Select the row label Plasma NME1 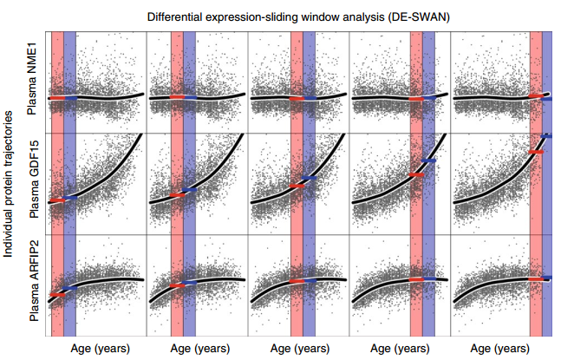(34, 82)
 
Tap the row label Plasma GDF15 (34, 184)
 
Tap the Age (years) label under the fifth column (501, 349)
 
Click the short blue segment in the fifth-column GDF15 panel (547, 136)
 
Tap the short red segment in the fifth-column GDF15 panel (535, 152)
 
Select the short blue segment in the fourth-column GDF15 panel (428, 161)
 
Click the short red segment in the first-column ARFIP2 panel (57, 295)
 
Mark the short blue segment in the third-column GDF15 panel (310, 177)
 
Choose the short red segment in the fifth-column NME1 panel (535, 96)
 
